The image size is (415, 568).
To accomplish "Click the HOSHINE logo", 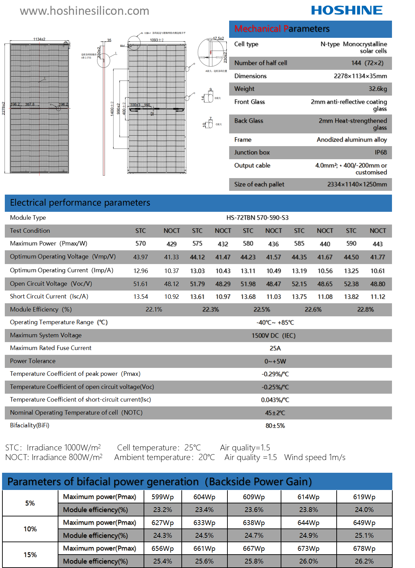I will [x=347, y=10].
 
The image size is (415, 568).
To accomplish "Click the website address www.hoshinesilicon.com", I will [x=85, y=11].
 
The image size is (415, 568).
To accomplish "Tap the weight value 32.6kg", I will [x=378, y=89].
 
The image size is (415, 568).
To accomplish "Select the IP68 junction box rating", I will [x=381, y=152].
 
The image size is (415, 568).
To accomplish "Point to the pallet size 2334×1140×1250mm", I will [x=357, y=184].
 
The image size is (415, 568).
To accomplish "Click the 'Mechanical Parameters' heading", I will [x=282, y=29].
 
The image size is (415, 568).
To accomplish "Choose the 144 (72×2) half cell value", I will [x=367, y=63].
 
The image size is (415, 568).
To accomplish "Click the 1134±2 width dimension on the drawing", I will [x=39, y=39].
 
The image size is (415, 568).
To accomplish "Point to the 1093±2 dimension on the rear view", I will [x=157, y=40].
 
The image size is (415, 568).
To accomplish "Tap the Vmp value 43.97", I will [x=141, y=257].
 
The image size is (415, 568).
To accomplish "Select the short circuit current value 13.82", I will [x=351, y=297].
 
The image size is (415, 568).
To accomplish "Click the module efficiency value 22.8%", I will [x=365, y=309].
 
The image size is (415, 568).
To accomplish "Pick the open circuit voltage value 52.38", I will [x=351, y=284].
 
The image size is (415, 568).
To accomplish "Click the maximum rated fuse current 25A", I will [x=275, y=348].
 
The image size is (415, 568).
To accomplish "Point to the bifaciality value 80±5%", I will [x=275, y=426].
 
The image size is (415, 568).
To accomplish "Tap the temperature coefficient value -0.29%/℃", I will [x=275, y=374].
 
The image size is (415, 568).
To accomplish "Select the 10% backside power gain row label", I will [x=30, y=529].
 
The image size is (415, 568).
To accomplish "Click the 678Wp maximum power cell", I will [x=364, y=548].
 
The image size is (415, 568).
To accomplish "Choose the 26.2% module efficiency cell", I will [x=364, y=561].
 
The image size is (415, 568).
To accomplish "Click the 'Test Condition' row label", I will [x=30, y=231].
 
